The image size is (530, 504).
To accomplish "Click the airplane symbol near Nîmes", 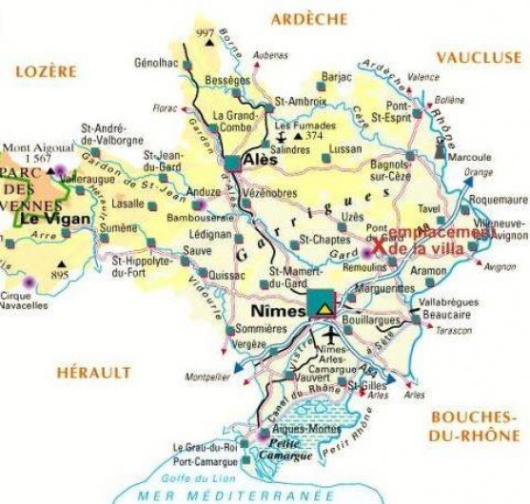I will [331, 336].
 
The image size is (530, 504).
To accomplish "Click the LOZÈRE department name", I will [45, 71].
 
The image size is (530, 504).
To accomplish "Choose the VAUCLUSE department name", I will [479, 57].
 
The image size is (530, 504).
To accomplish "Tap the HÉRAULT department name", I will [92, 373].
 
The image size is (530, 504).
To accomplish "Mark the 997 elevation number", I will [203, 34].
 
